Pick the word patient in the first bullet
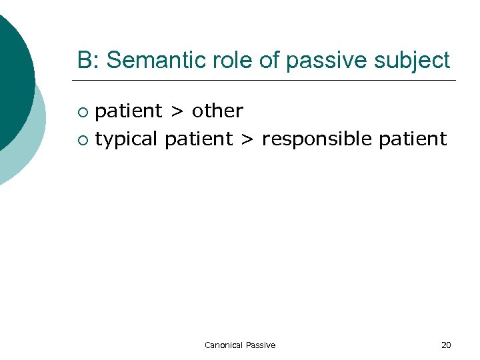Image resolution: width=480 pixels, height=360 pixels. pos(129,111)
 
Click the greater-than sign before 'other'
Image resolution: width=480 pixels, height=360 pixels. pos(177,111)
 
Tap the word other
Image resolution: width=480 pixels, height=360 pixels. pos(217,111)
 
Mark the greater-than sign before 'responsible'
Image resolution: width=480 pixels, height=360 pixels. pos(246,140)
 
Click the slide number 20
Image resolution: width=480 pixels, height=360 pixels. pos(446,345)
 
